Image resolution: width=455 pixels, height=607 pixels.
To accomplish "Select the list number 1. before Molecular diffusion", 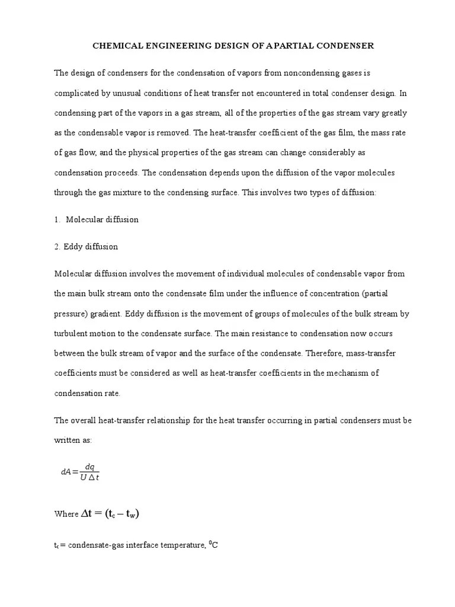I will [57, 219].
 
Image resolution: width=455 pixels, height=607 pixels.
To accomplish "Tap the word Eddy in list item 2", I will [75, 246].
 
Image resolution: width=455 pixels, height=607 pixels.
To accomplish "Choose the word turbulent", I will [74, 334].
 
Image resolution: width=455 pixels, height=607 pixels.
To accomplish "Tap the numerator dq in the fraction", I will [89, 467].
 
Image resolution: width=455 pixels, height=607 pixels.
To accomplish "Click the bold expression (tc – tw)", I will [122, 514].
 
